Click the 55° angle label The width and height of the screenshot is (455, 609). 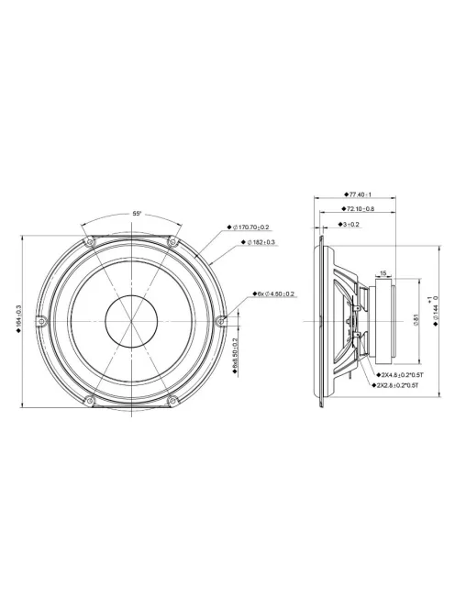tap(136, 213)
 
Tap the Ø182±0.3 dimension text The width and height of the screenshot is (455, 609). tap(264, 242)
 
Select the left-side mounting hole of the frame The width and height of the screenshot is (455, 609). tap(39, 320)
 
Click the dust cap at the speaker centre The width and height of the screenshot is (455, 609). tap(129, 320)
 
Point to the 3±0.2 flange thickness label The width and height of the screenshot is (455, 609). tap(350, 224)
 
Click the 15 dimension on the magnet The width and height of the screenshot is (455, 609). tap(382, 272)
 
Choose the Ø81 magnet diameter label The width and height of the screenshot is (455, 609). tap(416, 319)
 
